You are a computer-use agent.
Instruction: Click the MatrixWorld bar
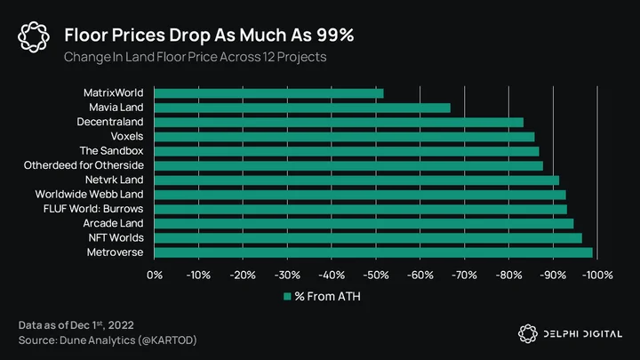coord(269,93)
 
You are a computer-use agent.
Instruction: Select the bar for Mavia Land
coord(302,108)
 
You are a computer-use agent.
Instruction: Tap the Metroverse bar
coord(373,252)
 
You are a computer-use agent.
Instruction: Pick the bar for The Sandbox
coord(347,151)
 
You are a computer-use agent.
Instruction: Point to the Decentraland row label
coord(110,122)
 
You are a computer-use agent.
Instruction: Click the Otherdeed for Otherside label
coord(84,165)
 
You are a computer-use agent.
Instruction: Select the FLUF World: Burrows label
coord(93,209)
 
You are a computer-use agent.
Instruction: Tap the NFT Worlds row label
coord(116,238)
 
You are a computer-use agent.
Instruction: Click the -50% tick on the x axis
coord(376,275)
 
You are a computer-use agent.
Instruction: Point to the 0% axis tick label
coord(155,275)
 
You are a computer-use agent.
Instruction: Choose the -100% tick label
coord(597,275)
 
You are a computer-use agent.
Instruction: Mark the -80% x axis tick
coord(509,275)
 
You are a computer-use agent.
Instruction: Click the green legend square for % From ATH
coord(287,296)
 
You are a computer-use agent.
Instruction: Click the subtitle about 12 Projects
coord(195,57)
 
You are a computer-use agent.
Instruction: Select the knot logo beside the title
coord(34,37)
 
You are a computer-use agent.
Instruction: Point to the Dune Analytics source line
coord(108,340)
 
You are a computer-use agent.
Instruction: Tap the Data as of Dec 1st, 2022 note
coord(76,325)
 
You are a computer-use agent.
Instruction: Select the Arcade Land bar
coord(364,224)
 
